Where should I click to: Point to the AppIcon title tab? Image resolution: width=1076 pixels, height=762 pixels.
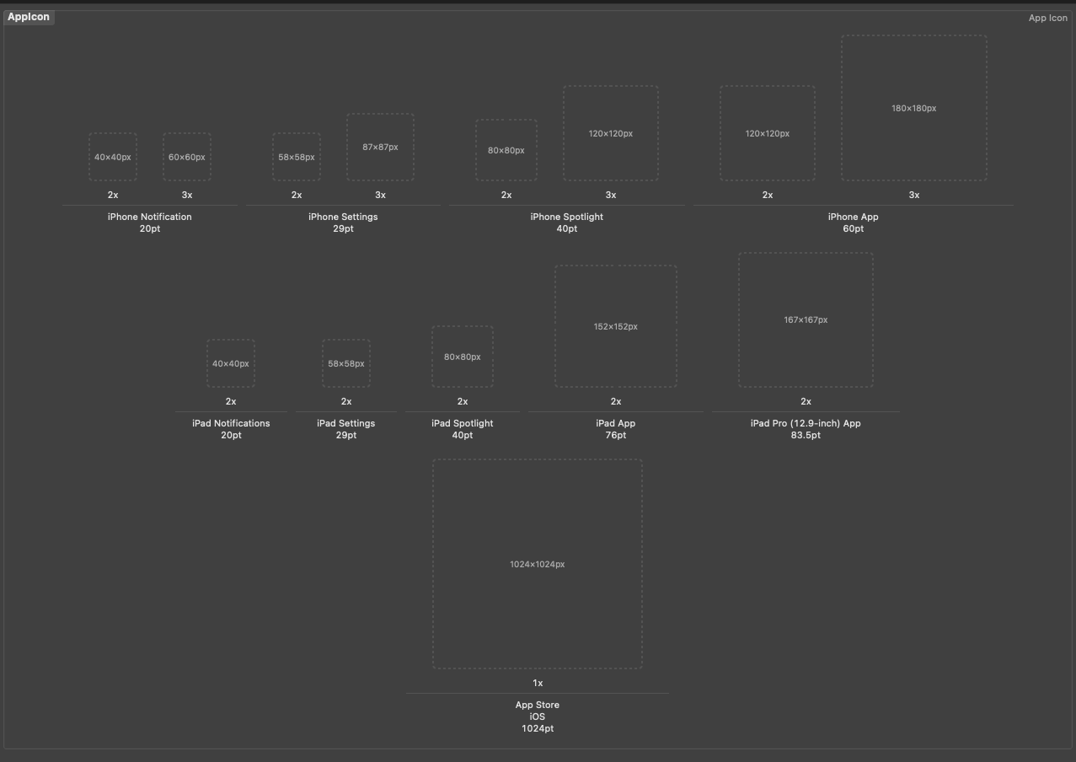(29, 17)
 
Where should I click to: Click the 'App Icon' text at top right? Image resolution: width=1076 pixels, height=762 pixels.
(1047, 18)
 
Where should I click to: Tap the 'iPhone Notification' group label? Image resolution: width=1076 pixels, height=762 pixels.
(149, 217)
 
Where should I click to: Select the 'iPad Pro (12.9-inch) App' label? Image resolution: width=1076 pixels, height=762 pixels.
(806, 423)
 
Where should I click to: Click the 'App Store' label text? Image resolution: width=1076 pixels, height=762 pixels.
(538, 705)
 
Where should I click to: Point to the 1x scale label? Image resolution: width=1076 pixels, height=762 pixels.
(538, 683)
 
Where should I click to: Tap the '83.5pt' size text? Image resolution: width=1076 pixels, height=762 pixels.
(806, 435)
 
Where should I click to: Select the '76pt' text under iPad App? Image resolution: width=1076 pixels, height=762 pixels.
(616, 435)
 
